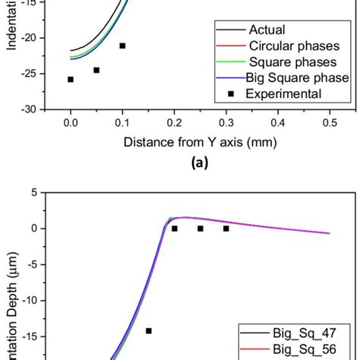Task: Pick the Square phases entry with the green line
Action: [288, 62]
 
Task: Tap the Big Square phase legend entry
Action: [297, 78]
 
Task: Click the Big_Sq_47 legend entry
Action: [305, 333]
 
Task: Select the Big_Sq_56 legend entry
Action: [305, 349]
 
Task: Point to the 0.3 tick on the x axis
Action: [226, 122]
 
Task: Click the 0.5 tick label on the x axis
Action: [330, 122]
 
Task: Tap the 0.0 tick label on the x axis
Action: [71, 122]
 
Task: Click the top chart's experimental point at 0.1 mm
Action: [122, 46]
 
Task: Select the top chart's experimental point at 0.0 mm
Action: [71, 79]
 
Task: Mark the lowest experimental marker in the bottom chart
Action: [149, 330]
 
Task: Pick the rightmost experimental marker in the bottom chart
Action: [226, 228]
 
